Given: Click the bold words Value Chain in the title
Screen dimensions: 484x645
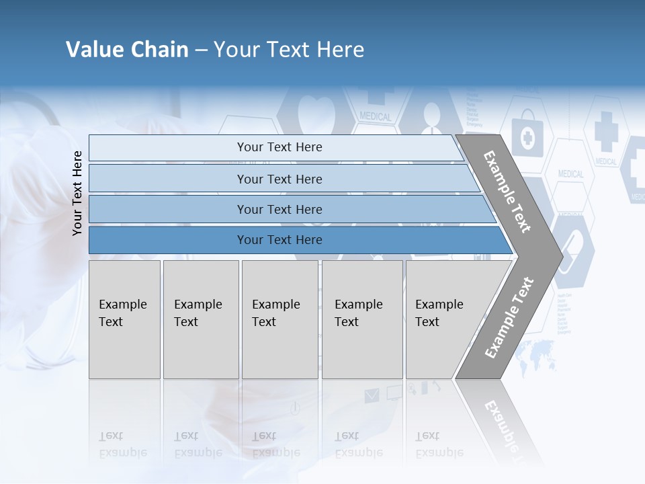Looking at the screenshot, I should point(127,50).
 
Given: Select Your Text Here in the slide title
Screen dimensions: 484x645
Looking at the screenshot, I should point(289,50).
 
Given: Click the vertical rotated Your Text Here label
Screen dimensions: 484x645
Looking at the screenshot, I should point(77,193).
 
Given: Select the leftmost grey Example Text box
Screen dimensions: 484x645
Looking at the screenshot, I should point(124,319).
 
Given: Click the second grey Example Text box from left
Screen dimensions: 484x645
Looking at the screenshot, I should point(201,319).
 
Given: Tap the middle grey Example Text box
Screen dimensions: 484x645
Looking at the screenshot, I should point(279,319).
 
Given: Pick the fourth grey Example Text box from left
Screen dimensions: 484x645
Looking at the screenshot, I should point(362,319).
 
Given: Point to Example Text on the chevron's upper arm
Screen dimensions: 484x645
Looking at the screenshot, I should point(507,192).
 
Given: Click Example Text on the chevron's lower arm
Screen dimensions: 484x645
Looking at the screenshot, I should point(509,317).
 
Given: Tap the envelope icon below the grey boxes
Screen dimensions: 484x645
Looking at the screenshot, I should point(372,396).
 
